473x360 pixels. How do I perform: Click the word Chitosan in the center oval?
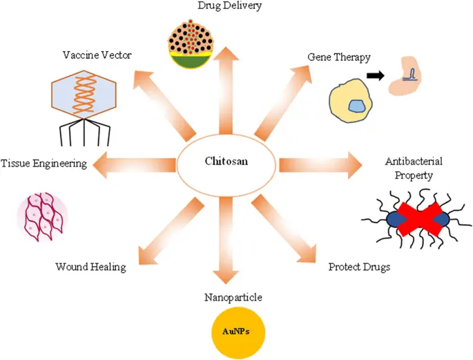tap(226, 162)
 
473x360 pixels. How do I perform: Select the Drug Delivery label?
tap(224, 6)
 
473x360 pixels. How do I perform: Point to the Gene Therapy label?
tap(340, 58)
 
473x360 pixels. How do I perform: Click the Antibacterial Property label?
tap(414, 168)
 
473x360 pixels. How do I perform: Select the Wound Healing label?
tap(90, 267)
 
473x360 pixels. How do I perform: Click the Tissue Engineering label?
tap(44, 164)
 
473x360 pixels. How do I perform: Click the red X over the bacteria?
tap(418, 219)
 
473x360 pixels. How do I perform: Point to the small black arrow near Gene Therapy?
tap(376, 74)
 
